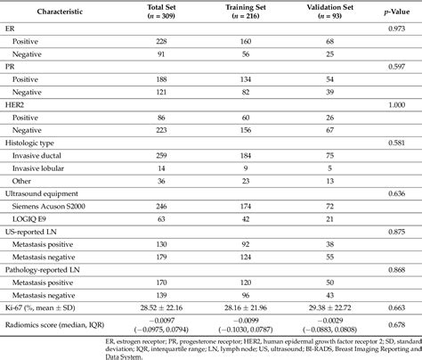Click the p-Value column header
point(397,12)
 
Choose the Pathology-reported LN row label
point(49,268)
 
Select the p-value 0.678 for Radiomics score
point(397,323)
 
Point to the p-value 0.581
point(397,143)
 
